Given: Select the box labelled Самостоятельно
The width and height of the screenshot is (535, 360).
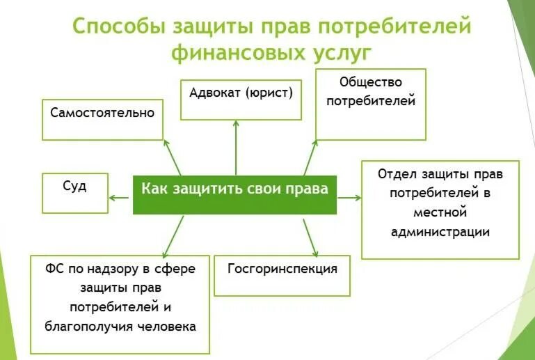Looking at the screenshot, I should click(x=102, y=120).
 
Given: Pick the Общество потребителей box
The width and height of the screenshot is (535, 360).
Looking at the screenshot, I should click(x=370, y=104).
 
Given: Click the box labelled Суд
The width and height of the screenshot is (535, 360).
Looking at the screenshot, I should click(x=74, y=193).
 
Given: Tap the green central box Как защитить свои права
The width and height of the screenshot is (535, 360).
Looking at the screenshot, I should click(x=234, y=194).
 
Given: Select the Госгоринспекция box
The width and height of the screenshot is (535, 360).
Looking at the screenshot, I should click(x=282, y=276).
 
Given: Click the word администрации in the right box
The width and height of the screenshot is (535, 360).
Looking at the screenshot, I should click(x=440, y=232).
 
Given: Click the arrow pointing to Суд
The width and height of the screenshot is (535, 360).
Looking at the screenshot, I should click(x=120, y=197).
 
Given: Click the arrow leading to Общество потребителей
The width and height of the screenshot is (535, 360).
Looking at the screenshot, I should click(x=310, y=157).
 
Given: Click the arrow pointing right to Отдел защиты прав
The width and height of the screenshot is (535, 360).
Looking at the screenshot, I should click(x=349, y=197).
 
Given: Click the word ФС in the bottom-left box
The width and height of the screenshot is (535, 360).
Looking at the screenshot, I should click(x=55, y=269).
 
